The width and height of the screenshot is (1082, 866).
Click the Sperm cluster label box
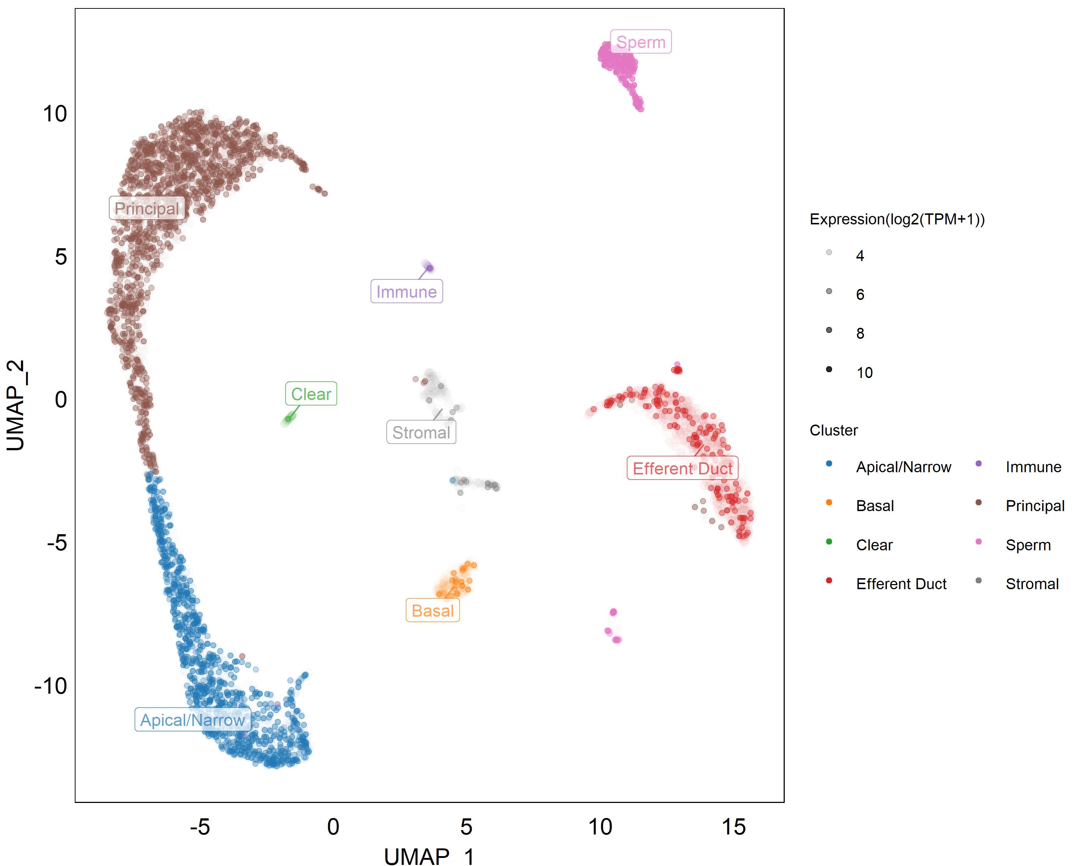pyautogui.click(x=640, y=42)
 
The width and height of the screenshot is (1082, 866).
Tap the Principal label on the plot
pyautogui.click(x=147, y=208)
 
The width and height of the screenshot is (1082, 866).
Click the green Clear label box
pyautogui.click(x=311, y=394)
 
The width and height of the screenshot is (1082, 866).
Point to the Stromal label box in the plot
pyautogui.click(x=421, y=432)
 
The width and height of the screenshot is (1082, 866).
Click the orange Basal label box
pyautogui.click(x=433, y=610)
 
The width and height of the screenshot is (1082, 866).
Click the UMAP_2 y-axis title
pyautogui.click(x=16, y=405)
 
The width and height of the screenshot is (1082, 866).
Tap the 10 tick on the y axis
pyautogui.click(x=55, y=114)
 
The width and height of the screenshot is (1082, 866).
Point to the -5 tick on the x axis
pyautogui.click(x=200, y=827)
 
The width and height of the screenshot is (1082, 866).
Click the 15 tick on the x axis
pyautogui.click(x=733, y=827)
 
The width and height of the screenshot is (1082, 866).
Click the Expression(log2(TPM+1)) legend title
pyautogui.click(x=897, y=219)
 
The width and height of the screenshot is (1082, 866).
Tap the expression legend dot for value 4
pyautogui.click(x=829, y=253)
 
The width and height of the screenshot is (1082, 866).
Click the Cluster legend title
pyautogui.click(x=833, y=430)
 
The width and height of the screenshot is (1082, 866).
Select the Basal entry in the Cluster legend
pyautogui.click(x=875, y=506)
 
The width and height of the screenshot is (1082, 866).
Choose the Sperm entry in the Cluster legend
pyautogui.click(x=1028, y=545)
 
